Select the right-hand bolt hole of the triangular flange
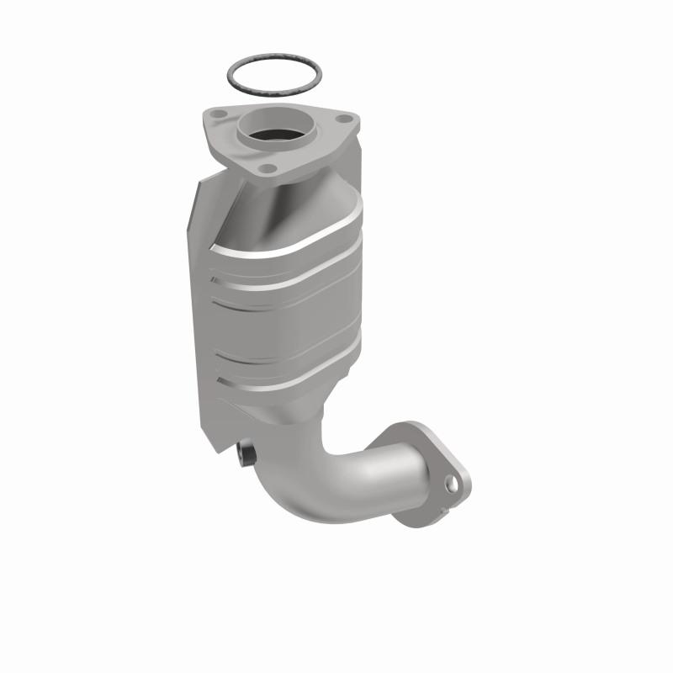click(x=343, y=120)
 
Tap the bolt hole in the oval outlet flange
click(x=452, y=485)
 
